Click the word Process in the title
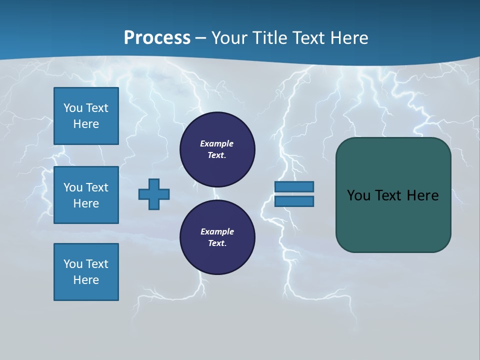(157, 38)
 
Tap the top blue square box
(86, 116)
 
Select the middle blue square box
(86, 195)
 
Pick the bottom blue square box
(86, 272)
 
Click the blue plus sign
(154, 194)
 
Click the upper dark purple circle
(217, 149)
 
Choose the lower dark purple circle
(217, 237)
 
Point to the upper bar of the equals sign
(294, 186)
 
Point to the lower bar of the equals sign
(294, 201)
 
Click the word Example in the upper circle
(216, 143)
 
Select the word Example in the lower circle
(217, 231)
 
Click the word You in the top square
(72, 108)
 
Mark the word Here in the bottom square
(86, 280)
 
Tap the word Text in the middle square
(96, 187)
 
